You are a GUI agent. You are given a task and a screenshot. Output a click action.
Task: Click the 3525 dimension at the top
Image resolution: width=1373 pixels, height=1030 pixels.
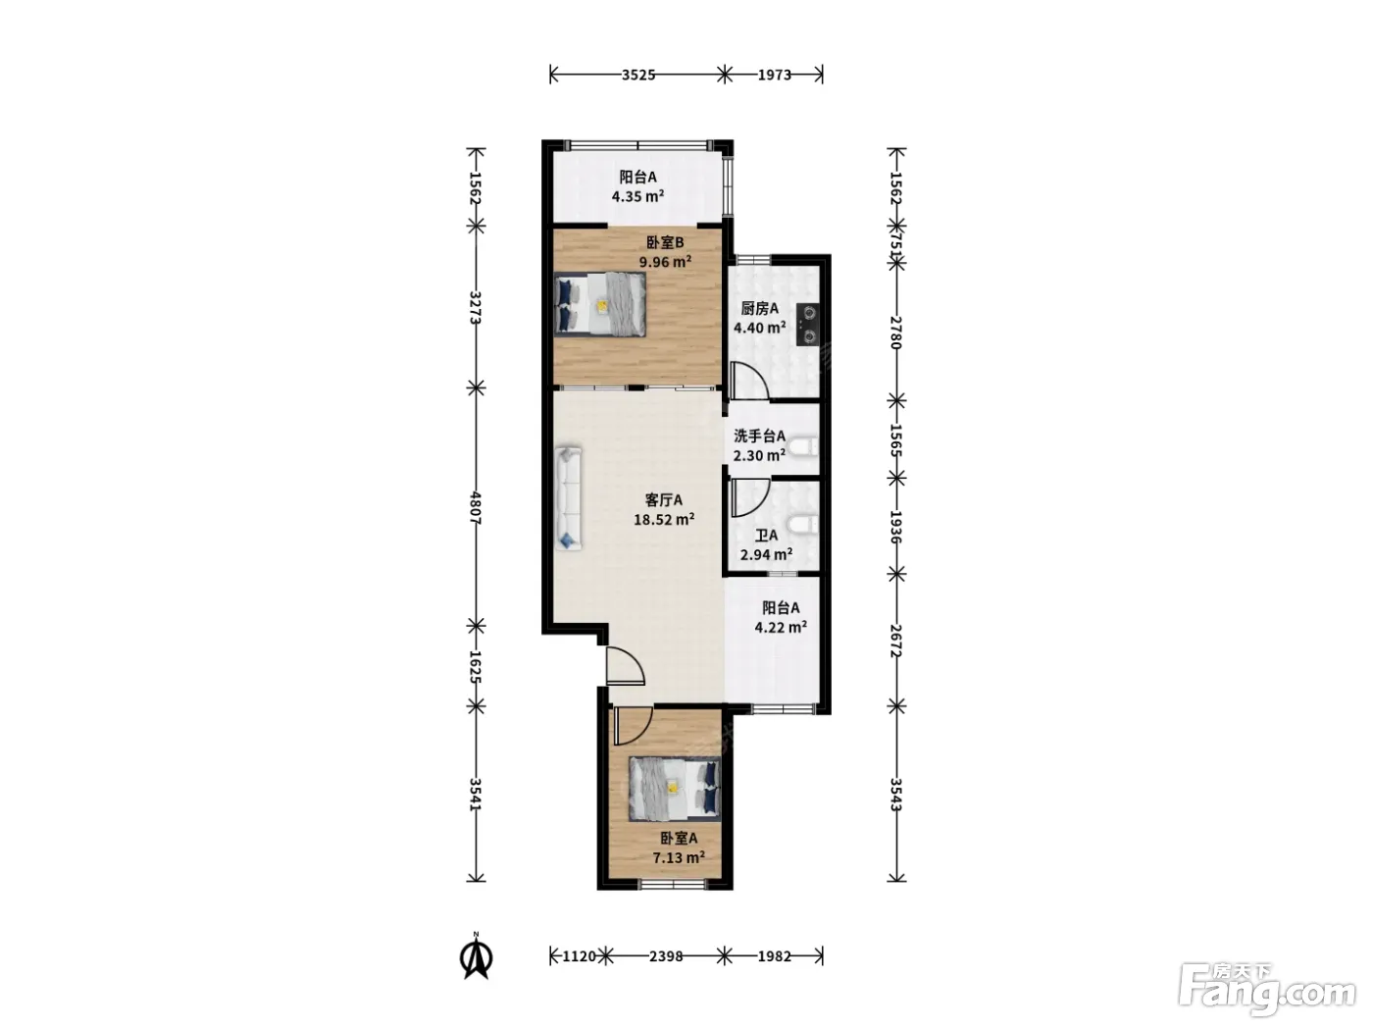click(638, 76)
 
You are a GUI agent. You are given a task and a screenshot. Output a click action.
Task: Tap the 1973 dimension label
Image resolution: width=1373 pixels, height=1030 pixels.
click(775, 76)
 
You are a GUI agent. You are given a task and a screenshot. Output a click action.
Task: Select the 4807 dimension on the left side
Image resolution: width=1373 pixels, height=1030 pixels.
click(476, 508)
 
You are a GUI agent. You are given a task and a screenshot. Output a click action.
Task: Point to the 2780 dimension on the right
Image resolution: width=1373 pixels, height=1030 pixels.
click(896, 333)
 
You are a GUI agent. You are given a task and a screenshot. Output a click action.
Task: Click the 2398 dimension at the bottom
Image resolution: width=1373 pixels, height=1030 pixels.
click(666, 956)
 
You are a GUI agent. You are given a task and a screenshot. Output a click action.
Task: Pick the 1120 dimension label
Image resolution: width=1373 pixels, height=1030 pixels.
click(580, 956)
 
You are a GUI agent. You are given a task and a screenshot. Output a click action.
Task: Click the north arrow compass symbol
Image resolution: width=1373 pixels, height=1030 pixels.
click(476, 955)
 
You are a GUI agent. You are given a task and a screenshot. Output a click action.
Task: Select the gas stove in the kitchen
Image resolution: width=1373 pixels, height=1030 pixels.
click(809, 324)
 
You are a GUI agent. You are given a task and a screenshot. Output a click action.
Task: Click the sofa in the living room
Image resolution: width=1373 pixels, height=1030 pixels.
click(568, 498)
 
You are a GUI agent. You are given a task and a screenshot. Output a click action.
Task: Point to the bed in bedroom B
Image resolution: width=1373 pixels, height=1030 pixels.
click(600, 304)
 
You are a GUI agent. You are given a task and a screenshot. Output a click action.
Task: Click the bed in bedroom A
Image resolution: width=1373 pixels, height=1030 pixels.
click(675, 789)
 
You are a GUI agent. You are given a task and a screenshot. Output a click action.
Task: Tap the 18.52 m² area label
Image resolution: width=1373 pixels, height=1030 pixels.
click(664, 519)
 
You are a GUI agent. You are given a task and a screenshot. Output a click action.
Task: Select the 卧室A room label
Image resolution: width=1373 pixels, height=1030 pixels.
click(679, 838)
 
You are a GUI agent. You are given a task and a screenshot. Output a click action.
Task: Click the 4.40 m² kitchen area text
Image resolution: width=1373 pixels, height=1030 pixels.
click(759, 327)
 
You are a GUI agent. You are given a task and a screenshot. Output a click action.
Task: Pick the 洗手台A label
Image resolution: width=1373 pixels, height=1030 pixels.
click(759, 436)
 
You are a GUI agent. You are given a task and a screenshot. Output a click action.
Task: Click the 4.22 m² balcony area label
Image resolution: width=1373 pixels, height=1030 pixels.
click(780, 627)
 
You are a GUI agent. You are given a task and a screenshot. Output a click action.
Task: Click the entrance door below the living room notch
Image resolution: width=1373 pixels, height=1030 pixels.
click(625, 666)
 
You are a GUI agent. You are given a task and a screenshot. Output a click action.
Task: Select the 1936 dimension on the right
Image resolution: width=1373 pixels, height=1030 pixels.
click(896, 527)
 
